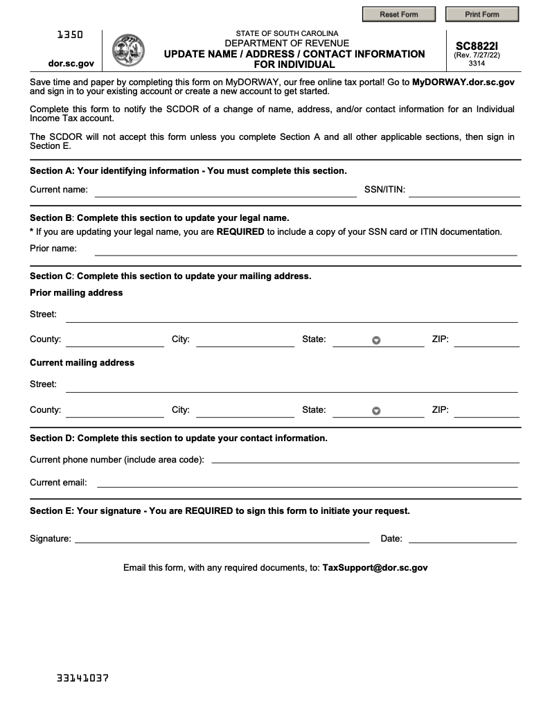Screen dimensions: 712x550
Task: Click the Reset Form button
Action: coord(399,14)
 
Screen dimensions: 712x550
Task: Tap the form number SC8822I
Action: coord(477,46)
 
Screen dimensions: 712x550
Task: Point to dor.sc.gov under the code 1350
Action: coord(71,63)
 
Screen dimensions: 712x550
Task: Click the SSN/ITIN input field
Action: coord(464,190)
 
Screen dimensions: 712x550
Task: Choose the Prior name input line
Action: coord(305,249)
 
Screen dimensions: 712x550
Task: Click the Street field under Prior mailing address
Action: coord(292,315)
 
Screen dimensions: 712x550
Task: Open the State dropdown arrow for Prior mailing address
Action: coord(376,340)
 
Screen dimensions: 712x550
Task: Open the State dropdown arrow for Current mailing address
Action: coord(376,411)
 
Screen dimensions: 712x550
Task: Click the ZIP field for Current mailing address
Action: coord(486,410)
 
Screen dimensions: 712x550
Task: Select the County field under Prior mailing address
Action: coord(115,340)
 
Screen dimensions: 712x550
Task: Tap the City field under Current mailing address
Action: coord(245,410)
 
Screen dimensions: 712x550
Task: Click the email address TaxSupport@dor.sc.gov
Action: coord(375,568)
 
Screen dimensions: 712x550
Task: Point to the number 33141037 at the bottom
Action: coord(82,678)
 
